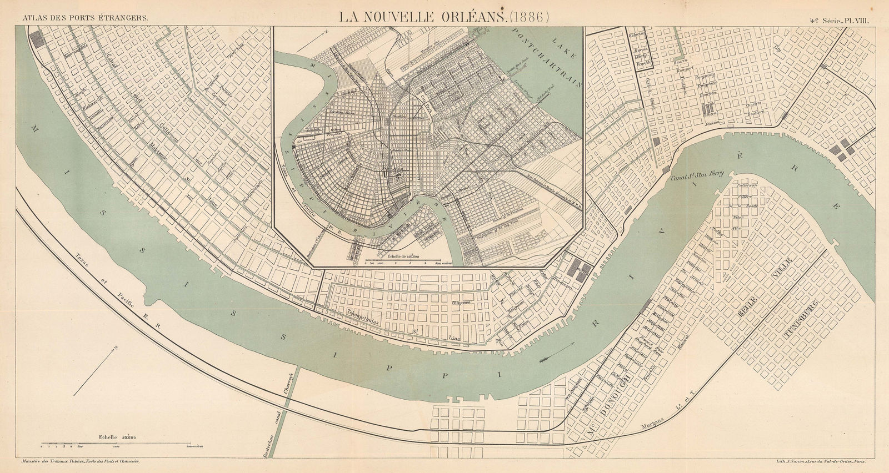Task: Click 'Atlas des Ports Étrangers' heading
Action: point(84,17)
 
